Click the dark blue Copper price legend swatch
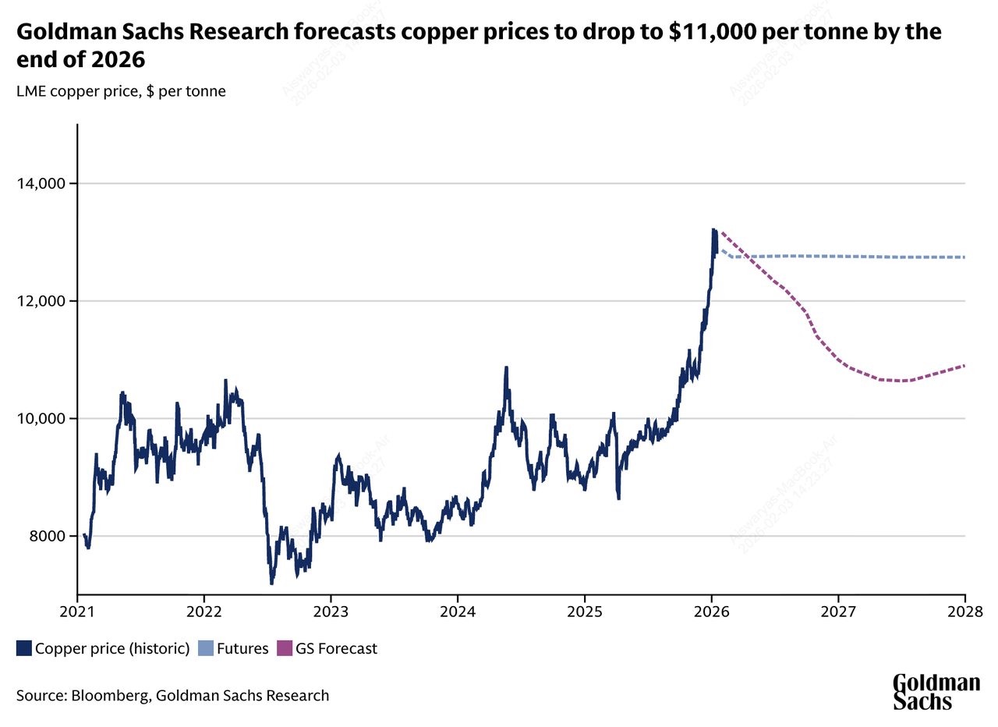tap(23, 647)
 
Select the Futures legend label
tap(242, 647)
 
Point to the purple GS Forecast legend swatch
tap(285, 647)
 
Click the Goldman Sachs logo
tap(936, 692)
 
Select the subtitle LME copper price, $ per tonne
tap(121, 91)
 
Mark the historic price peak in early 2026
tap(713, 229)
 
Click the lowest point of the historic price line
tap(271, 583)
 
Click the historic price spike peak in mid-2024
tap(506, 367)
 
